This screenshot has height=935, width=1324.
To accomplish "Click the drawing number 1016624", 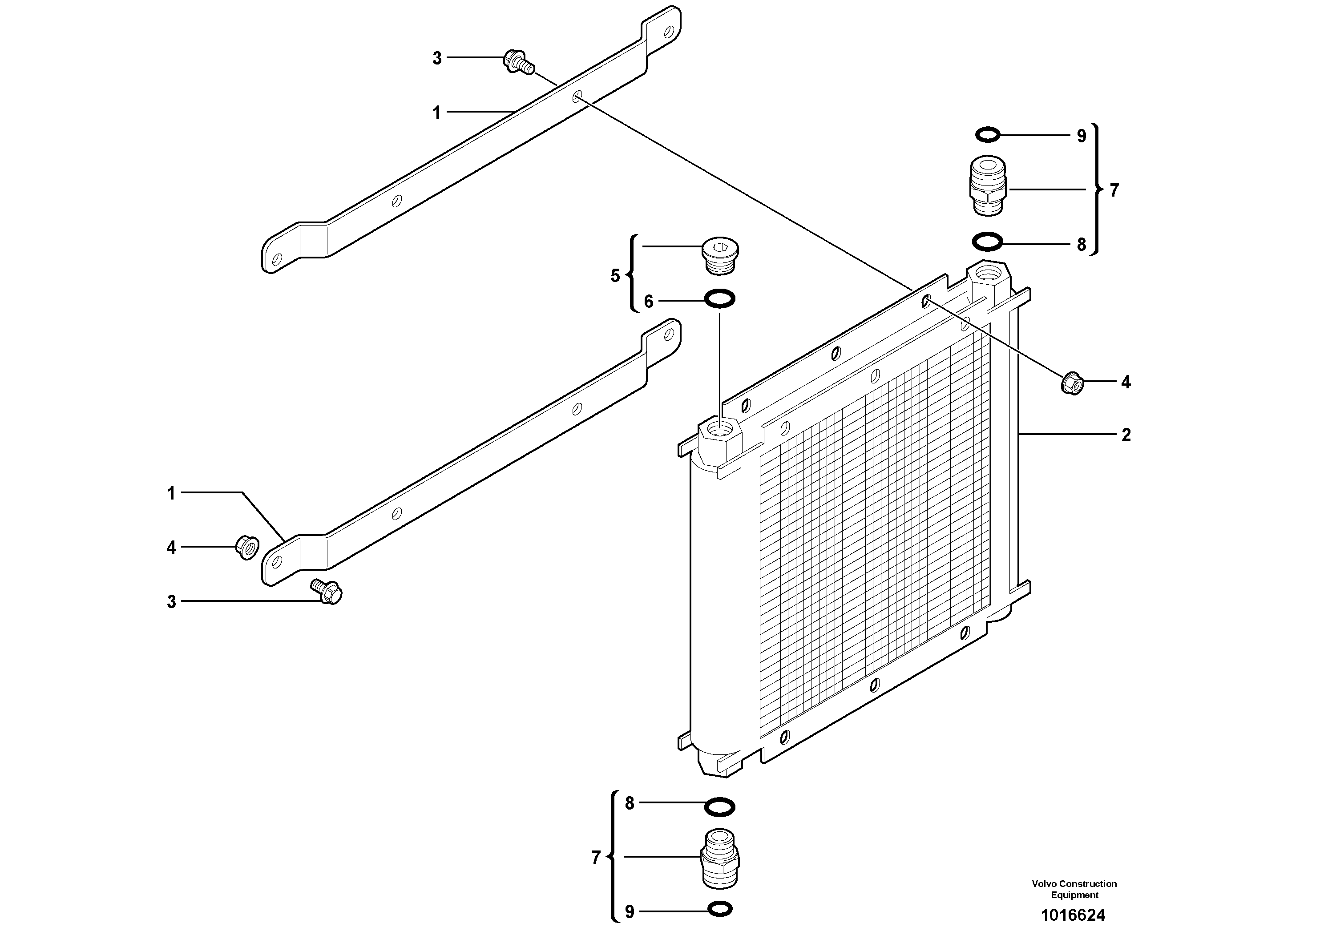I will click(x=1073, y=915).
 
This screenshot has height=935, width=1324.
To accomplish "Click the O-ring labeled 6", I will click(x=720, y=299).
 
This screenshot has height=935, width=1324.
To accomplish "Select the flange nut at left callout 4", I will click(x=247, y=547).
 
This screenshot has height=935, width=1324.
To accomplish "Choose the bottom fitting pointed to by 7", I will click(x=720, y=858).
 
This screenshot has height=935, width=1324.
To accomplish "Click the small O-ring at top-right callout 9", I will click(x=987, y=136).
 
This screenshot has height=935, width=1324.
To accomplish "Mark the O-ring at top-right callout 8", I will click(x=987, y=242).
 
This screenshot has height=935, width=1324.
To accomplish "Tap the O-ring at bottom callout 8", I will click(x=720, y=807).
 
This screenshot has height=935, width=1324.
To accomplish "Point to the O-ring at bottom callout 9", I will click(x=720, y=909).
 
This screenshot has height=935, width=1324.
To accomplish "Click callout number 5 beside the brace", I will click(x=615, y=276).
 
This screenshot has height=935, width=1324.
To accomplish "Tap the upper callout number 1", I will click(x=436, y=113).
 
